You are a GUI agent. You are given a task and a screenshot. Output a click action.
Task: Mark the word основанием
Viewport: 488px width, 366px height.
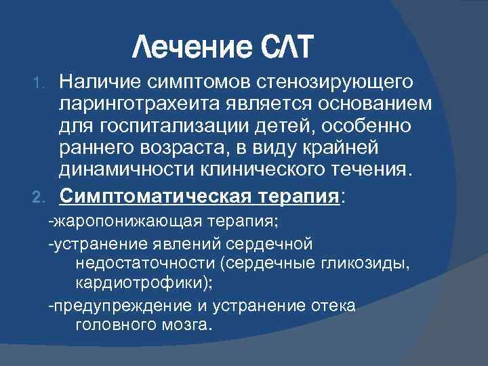373,104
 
